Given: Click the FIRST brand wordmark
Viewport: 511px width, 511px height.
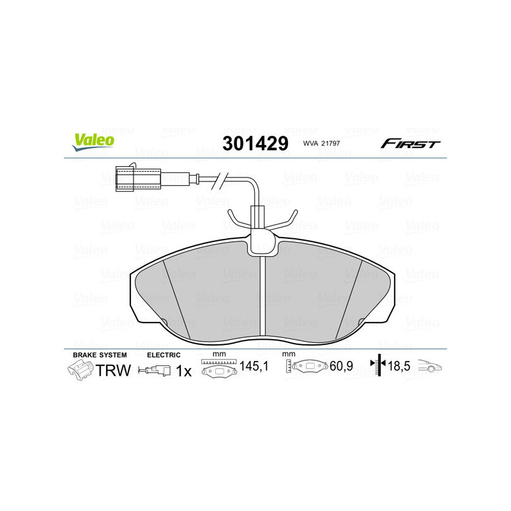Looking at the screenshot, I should (410, 144).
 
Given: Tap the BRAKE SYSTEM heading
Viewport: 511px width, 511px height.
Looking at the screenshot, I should (100, 355).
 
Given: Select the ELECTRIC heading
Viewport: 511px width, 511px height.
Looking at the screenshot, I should (164, 355).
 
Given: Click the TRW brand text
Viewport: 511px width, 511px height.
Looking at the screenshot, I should (113, 370).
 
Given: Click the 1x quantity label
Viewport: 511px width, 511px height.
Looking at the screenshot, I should (183, 370).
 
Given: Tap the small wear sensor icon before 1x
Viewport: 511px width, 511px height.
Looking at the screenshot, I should (155, 370).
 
